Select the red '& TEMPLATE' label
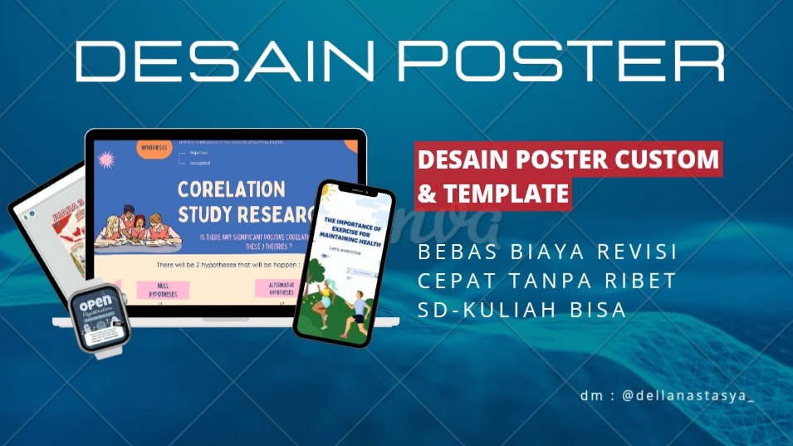[492, 194]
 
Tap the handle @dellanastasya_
[688, 396]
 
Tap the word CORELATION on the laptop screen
[232, 189]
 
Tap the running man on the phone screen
[356, 309]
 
